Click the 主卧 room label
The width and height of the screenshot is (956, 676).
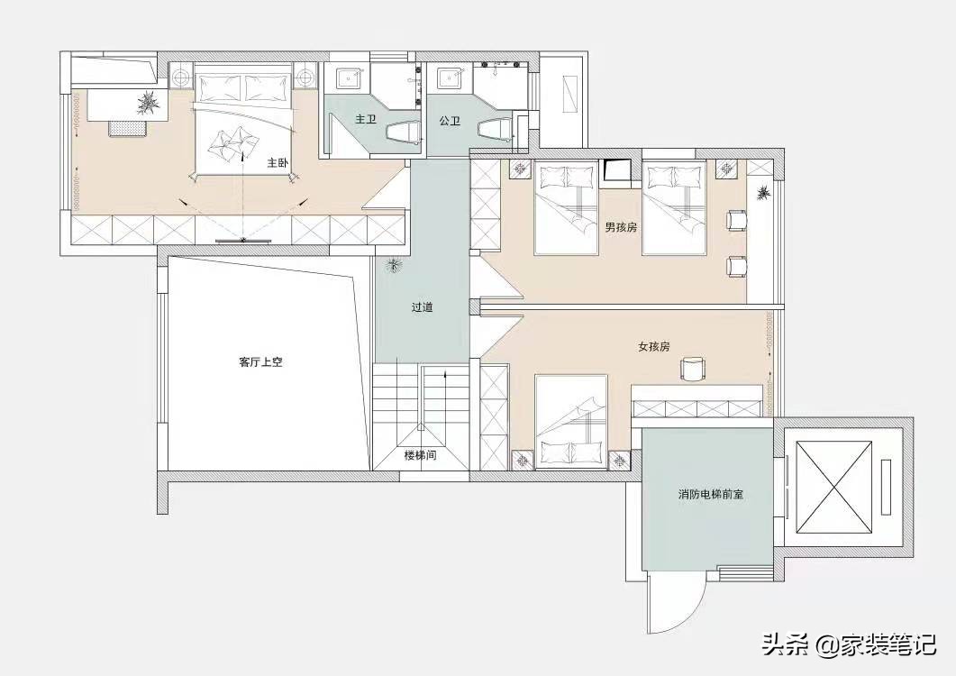(x=277, y=164)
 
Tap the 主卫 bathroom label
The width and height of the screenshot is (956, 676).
(x=365, y=119)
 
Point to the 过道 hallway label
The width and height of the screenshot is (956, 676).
(x=422, y=307)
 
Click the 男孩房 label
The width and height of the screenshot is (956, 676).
(x=621, y=227)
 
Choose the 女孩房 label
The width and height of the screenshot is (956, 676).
(x=653, y=346)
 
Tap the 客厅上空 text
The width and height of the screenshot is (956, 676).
(x=261, y=362)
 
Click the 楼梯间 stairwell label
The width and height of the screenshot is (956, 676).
(x=420, y=456)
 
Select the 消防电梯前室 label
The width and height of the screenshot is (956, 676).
(x=710, y=495)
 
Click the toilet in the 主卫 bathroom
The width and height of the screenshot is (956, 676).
(x=402, y=133)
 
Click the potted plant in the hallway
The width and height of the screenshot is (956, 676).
(x=393, y=265)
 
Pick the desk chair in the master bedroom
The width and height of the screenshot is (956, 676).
(x=127, y=127)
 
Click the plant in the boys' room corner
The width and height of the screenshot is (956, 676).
(x=763, y=193)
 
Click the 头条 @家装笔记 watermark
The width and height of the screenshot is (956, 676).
(x=850, y=644)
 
